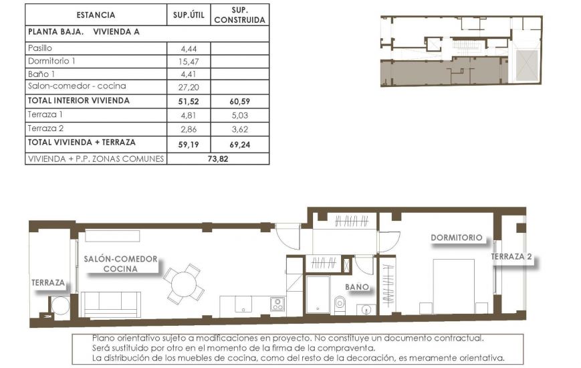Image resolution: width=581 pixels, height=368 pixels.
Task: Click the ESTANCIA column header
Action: click(x=96, y=15)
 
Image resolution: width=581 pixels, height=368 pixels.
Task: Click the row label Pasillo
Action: click(x=40, y=48)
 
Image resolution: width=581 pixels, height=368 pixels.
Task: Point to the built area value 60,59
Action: click(x=239, y=100)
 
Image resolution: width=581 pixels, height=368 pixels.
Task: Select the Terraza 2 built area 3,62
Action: click(x=239, y=128)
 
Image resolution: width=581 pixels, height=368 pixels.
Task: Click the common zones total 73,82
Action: click(x=217, y=159)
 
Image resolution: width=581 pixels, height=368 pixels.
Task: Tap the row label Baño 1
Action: click(x=41, y=74)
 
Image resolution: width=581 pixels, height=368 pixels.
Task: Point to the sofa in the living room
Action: click(x=112, y=304)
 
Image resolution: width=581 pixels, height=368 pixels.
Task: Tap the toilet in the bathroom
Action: click(x=340, y=304)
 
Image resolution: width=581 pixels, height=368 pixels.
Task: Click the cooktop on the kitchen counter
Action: click(x=277, y=305)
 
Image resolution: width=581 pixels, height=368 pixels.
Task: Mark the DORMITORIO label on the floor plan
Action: click(x=456, y=238)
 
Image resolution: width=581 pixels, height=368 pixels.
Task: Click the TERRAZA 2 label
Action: click(x=511, y=256)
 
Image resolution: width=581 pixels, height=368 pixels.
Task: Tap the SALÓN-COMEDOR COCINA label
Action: click(x=120, y=264)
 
